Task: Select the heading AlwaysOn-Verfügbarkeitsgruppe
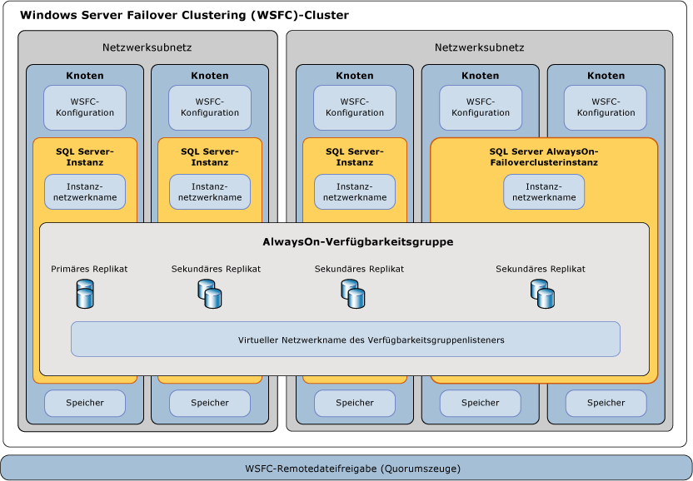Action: coord(357,242)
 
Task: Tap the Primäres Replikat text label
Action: coord(89,269)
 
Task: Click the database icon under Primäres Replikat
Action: coord(85,294)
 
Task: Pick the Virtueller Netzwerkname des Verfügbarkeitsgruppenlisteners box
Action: coord(346,340)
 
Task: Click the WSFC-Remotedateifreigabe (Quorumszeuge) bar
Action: coord(346,468)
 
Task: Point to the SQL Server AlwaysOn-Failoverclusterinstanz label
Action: coord(544,156)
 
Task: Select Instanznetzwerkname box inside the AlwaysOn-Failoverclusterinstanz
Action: coord(544,192)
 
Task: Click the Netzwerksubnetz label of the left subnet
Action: coord(147,47)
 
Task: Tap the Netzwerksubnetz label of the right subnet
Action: coord(480,47)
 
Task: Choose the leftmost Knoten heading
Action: coord(85,76)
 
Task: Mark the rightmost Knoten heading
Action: coord(606,76)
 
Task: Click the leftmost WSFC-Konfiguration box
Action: coord(85,107)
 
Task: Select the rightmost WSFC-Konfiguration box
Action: coord(606,107)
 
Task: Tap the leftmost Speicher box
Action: coord(85,403)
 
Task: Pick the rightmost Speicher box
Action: coord(606,403)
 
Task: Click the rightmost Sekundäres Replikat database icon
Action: coord(542,293)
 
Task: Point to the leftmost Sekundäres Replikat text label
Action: coord(216,269)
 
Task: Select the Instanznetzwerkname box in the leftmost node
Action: coord(85,192)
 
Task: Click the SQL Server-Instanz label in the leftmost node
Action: coord(85,156)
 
